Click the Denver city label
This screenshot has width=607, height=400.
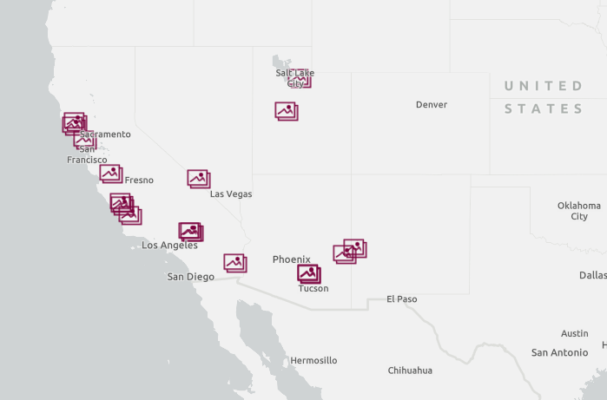(x=431, y=105)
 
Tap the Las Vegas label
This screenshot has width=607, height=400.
(x=231, y=194)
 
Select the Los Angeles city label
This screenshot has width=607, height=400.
(x=169, y=246)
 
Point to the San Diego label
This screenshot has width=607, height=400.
(x=190, y=277)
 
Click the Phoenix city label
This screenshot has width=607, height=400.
(x=291, y=259)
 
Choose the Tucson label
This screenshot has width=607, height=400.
(x=313, y=289)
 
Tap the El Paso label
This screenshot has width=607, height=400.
(x=401, y=299)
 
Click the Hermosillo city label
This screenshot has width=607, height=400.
(x=313, y=360)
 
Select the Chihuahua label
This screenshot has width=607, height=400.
(x=410, y=370)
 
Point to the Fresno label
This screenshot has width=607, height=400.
(x=139, y=180)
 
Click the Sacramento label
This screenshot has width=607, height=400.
(x=105, y=134)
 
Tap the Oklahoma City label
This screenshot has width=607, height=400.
(x=578, y=211)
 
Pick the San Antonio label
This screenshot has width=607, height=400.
(x=559, y=353)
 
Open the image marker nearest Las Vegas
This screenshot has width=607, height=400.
(x=199, y=179)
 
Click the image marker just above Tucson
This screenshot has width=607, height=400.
(x=309, y=273)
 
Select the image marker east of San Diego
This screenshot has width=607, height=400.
(x=234, y=262)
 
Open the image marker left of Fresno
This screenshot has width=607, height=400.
(x=110, y=173)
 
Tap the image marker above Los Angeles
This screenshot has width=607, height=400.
(x=190, y=231)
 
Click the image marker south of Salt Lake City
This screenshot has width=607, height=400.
(x=286, y=110)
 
